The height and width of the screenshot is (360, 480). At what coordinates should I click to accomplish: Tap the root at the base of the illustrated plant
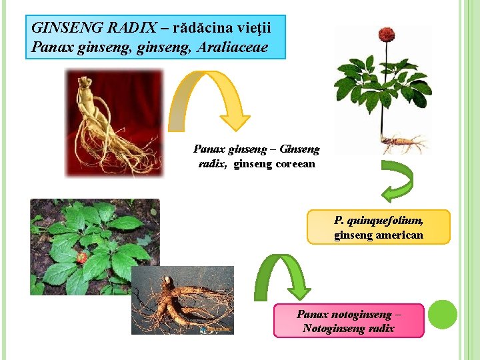[401, 141]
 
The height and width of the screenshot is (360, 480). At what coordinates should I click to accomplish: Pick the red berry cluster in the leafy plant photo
[81, 257]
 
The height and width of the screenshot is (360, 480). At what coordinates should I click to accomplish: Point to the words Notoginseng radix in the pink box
[348, 328]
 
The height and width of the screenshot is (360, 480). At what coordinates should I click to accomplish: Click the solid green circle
[442, 314]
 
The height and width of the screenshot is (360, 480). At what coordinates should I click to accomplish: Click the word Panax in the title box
[48, 47]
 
